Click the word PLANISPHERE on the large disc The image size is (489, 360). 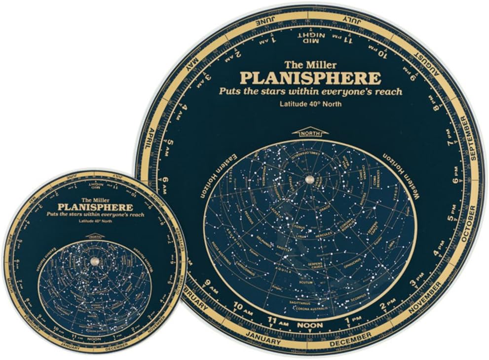pyautogui.click(x=310, y=79)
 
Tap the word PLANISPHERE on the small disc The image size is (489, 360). pyautogui.click(x=95, y=207)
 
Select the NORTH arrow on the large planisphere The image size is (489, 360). pyautogui.click(x=310, y=132)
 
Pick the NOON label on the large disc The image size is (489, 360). pyautogui.click(x=309, y=325)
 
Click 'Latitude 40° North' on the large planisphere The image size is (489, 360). pyautogui.click(x=310, y=104)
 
